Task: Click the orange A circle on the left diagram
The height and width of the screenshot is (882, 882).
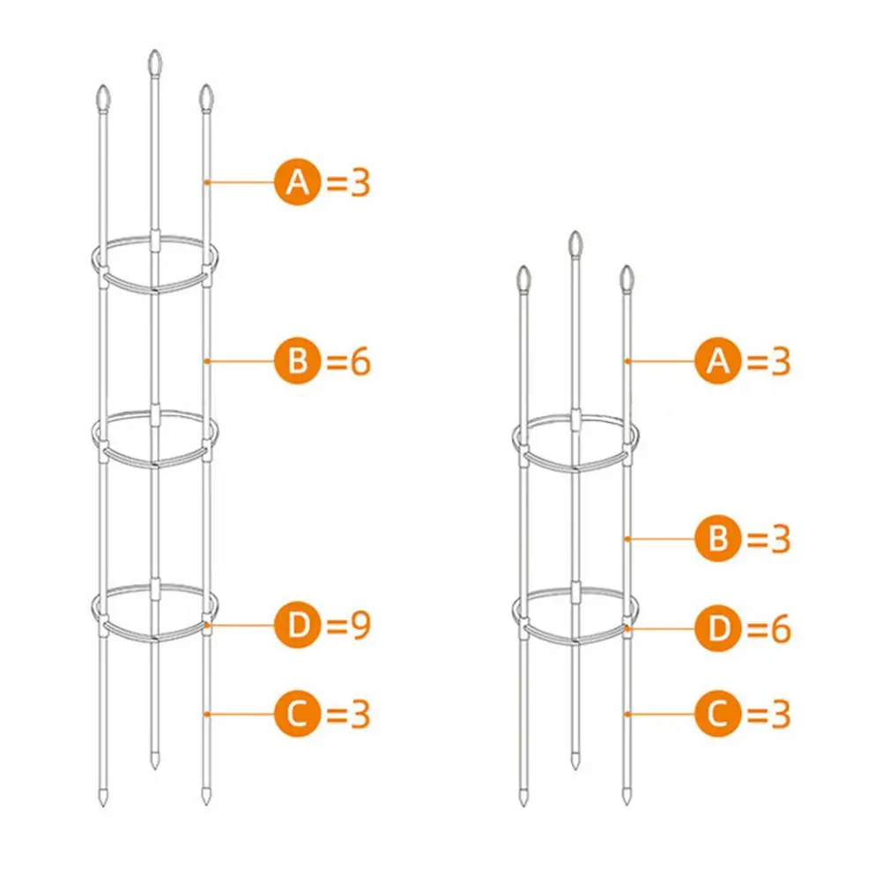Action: point(300,182)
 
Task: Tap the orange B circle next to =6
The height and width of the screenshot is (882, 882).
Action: point(300,361)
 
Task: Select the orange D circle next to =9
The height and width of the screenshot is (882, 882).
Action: point(300,625)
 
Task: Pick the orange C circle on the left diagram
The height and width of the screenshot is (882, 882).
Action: point(300,713)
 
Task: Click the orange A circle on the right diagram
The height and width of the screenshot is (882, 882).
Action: point(720,361)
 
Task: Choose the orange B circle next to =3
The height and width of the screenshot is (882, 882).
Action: point(720,538)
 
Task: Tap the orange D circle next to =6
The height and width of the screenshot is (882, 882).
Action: point(720,629)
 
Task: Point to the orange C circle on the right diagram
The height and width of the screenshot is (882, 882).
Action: point(720,713)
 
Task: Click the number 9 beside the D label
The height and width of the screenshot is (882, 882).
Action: point(359,626)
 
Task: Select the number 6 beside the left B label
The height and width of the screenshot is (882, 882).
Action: point(359,362)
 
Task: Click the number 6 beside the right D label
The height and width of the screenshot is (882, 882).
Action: point(780,630)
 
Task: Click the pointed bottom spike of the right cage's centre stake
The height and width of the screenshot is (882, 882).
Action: point(574,760)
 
